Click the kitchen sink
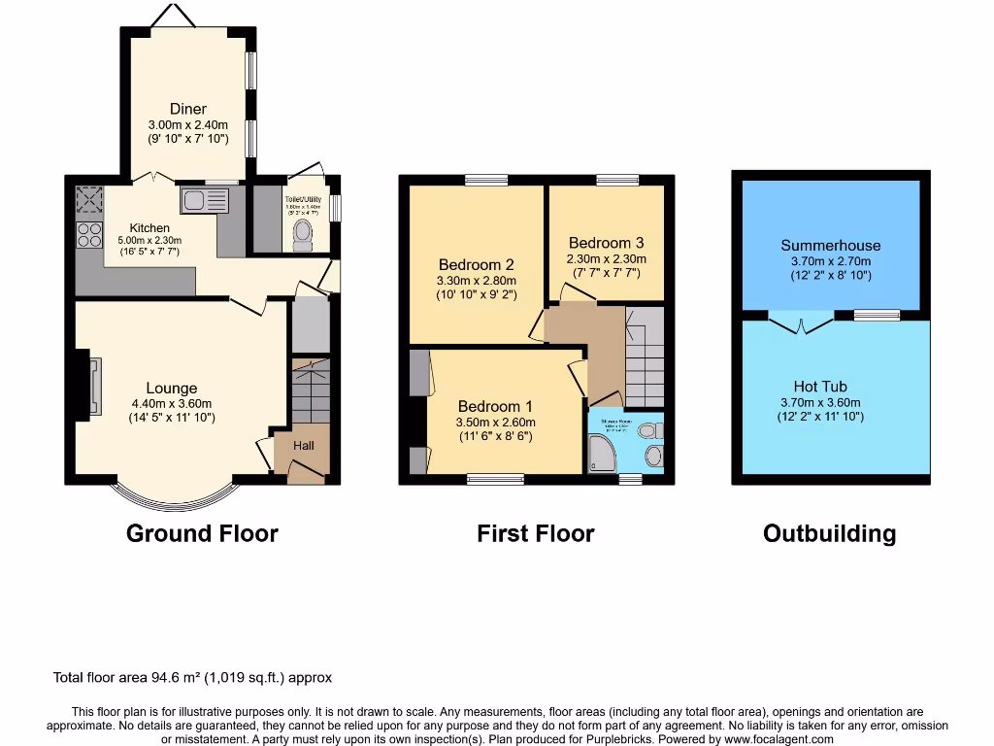tap(204, 200)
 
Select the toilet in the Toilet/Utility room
tap(303, 234)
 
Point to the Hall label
tap(304, 446)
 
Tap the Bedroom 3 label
tap(606, 243)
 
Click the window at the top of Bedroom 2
tap(485, 180)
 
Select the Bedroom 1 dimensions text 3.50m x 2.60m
tap(496, 423)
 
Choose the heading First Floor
tap(535, 533)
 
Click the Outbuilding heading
tap(829, 533)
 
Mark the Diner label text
tap(188, 109)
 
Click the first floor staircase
tap(645, 355)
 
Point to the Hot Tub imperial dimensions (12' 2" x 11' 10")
tap(820, 417)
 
